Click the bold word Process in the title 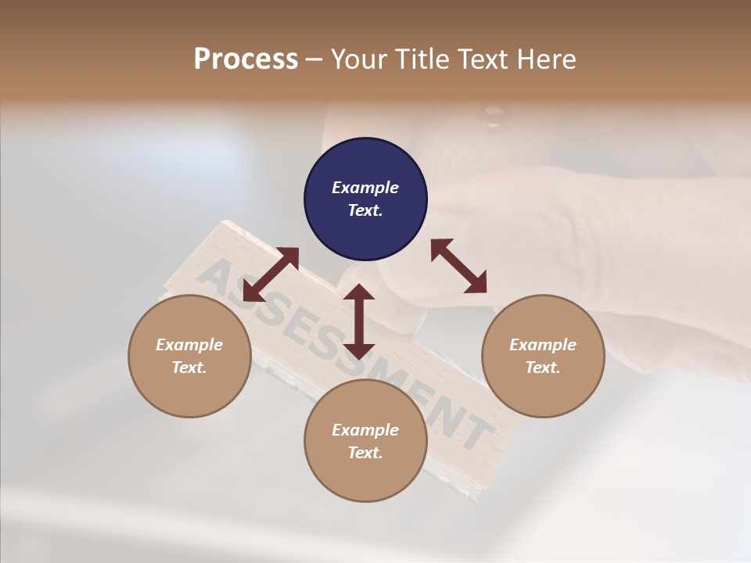pyautogui.click(x=246, y=59)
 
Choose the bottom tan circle pyautogui.click(x=365, y=477)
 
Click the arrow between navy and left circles pyautogui.click(x=271, y=274)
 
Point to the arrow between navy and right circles pyautogui.click(x=458, y=266)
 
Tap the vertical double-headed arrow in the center pyautogui.click(x=359, y=321)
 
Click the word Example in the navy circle pyautogui.click(x=365, y=188)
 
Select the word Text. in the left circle pyautogui.click(x=189, y=368)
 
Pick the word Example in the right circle pyautogui.click(x=543, y=345)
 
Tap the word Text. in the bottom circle pyautogui.click(x=365, y=453)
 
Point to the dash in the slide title pyautogui.click(x=314, y=59)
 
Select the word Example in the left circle pyautogui.click(x=189, y=345)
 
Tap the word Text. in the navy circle pyautogui.click(x=365, y=210)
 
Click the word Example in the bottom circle pyautogui.click(x=365, y=430)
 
